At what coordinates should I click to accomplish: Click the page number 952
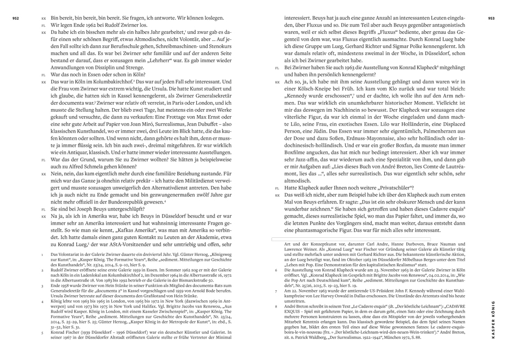coord(15,18)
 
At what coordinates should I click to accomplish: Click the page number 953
coord(491,18)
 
